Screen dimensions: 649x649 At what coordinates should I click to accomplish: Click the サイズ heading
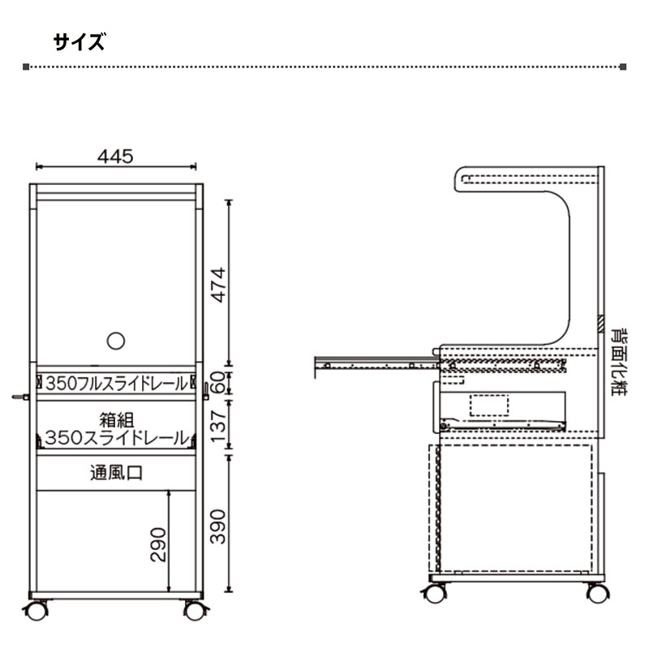click(x=79, y=42)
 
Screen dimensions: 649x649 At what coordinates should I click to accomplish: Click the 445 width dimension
click(x=115, y=156)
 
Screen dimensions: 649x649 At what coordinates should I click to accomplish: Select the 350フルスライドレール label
click(x=116, y=382)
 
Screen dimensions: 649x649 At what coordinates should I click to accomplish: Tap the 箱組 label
click(x=117, y=420)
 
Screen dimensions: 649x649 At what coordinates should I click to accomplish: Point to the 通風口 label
click(x=116, y=473)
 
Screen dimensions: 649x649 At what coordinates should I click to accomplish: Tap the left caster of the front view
click(x=37, y=610)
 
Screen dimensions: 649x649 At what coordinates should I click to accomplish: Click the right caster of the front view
click(x=194, y=610)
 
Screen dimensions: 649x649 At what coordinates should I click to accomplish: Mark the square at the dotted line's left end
click(x=27, y=67)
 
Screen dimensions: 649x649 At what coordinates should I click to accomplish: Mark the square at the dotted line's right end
click(x=623, y=67)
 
